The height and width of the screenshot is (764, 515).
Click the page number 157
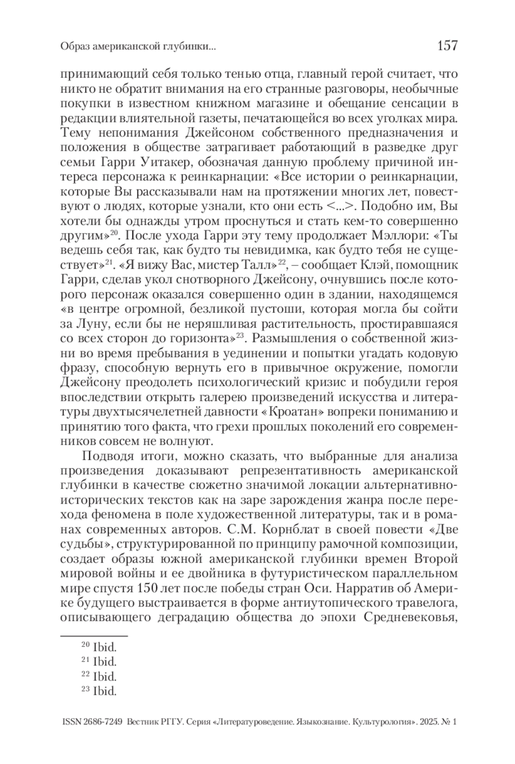pos(447,45)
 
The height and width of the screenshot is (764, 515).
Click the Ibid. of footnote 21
pos(105,661)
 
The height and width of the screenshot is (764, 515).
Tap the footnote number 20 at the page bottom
pos(85,645)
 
